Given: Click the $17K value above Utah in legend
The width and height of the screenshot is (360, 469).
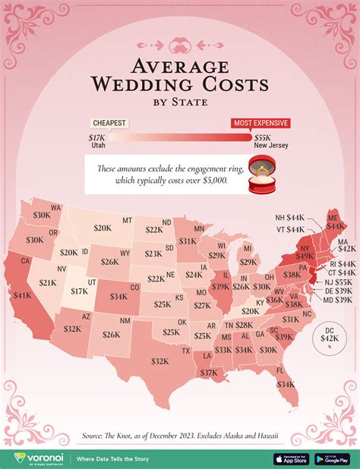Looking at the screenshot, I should tap(97, 137).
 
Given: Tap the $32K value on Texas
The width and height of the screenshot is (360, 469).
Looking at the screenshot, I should tap(159, 361).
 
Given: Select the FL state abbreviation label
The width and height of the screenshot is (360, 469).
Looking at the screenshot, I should tap(280, 370).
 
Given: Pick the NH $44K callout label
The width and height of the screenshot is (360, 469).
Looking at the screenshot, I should tap(290, 218).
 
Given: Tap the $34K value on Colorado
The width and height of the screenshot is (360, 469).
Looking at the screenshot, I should tap(118, 297).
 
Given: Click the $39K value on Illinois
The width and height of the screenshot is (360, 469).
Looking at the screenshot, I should tap(221, 287).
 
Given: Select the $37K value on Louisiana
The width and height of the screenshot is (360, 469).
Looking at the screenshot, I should tap(209, 372).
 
